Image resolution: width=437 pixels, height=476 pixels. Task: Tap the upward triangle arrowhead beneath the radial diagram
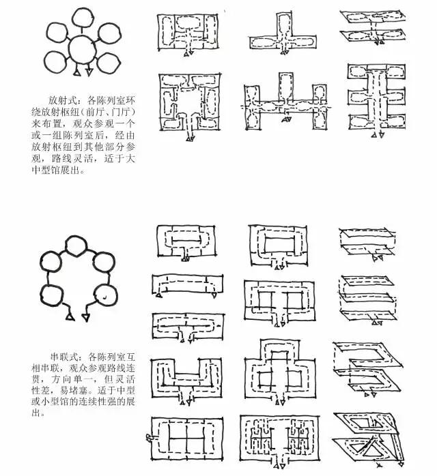point(77,72)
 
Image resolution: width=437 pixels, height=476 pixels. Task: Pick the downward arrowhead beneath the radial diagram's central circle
point(89,72)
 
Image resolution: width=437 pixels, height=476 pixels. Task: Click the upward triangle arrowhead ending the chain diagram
point(70,316)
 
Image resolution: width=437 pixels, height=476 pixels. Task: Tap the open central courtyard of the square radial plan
point(189,101)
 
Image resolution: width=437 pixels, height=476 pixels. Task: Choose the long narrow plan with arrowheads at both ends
point(187,286)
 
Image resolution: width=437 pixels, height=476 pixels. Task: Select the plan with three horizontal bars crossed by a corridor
point(377,100)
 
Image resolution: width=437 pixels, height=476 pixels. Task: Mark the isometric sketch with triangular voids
point(369,439)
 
